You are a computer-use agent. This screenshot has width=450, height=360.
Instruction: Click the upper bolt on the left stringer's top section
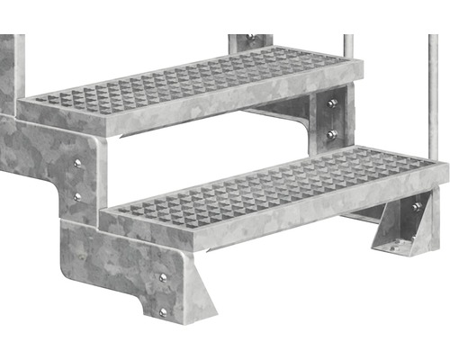[x=77, y=163]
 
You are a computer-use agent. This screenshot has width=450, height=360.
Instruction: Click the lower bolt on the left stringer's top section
[x=77, y=195]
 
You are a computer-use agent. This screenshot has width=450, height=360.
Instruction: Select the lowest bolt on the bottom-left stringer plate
[x=163, y=312]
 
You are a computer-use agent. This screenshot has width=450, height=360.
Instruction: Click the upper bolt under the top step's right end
[x=333, y=104]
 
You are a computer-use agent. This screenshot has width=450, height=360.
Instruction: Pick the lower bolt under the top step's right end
[x=333, y=134]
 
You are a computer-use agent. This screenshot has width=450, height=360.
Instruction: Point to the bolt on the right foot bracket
[x=416, y=208]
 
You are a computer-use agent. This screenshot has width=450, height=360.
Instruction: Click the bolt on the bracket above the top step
[x=251, y=39]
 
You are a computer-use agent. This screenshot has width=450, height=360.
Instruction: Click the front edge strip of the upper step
[x=180, y=110]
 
